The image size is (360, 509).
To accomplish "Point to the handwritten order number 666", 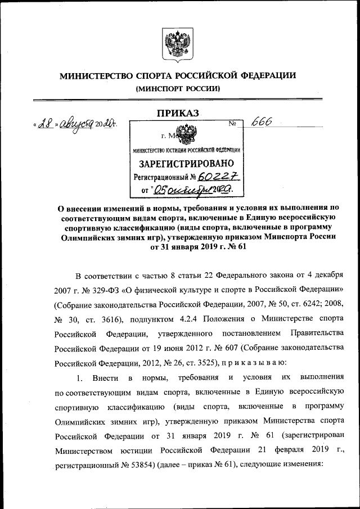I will tap(263, 124).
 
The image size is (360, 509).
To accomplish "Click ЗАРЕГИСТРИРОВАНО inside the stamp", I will tap(186, 164).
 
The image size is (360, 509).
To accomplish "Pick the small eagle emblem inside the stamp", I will tap(183, 136).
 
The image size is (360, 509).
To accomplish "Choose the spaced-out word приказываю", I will tap(255, 362).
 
